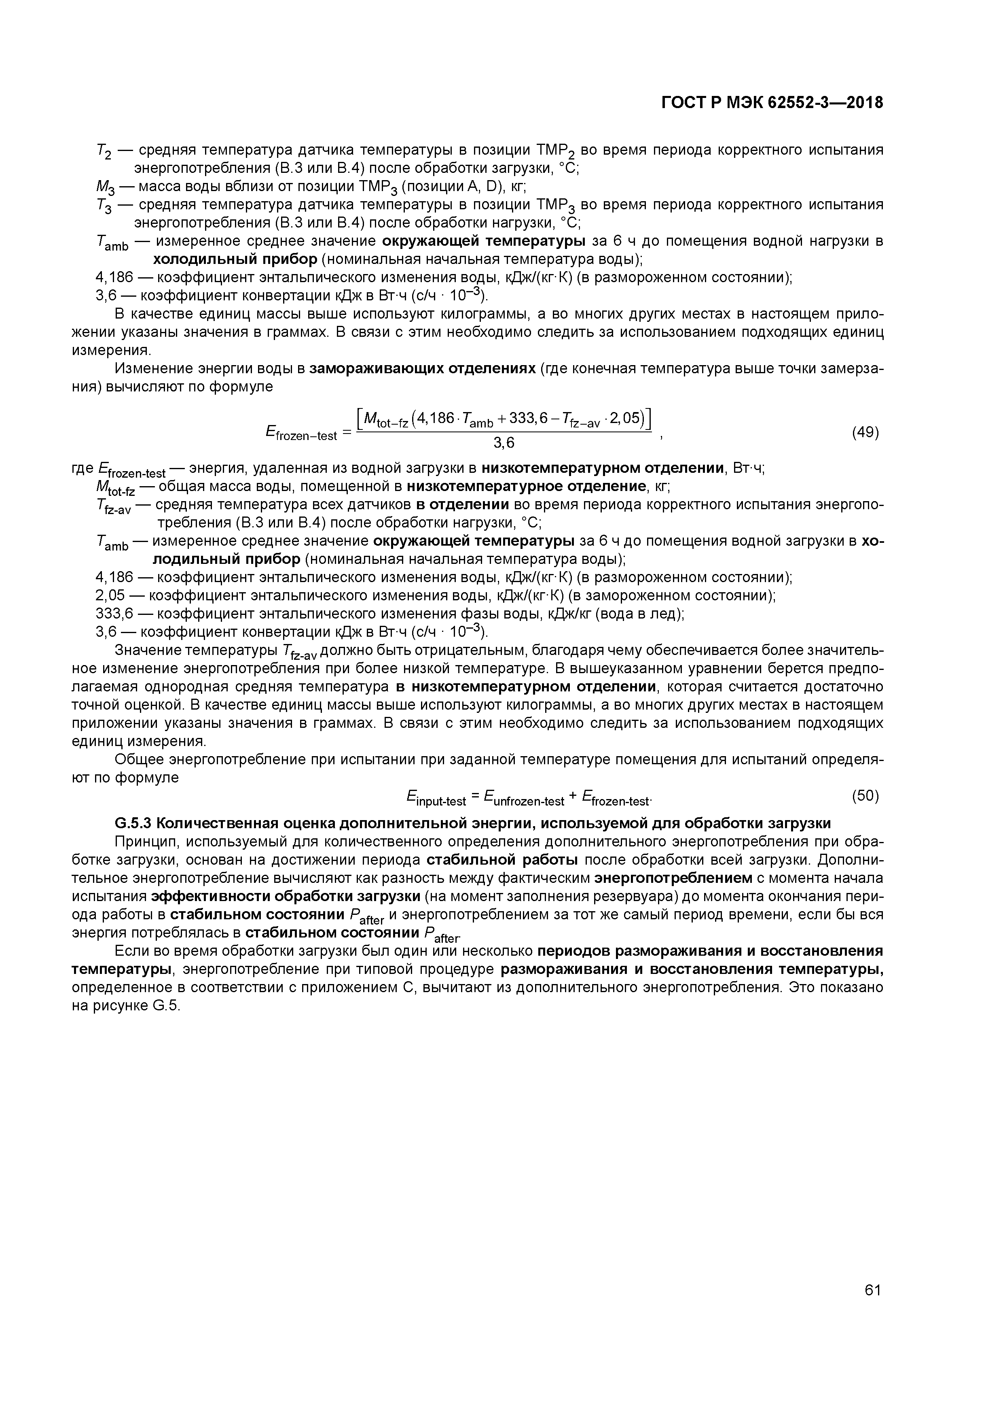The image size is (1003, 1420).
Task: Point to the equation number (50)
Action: pos(865,795)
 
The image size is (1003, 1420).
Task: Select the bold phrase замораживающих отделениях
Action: pos(422,369)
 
